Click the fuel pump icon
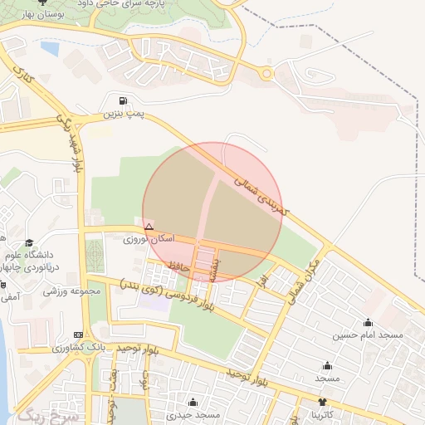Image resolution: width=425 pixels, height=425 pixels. pyautogui.click(x=124, y=100)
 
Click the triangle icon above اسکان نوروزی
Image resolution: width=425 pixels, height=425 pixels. pyautogui.click(x=149, y=227)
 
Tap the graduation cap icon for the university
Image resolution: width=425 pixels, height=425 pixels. pyautogui.click(x=30, y=243)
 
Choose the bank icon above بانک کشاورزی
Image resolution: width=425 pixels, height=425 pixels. pyautogui.click(x=79, y=335)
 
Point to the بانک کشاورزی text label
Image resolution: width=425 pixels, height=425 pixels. pyautogui.click(x=59, y=348)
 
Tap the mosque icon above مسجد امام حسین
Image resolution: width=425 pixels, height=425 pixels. pyautogui.click(x=368, y=323)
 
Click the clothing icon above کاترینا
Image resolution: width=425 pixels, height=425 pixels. pyautogui.click(x=323, y=401)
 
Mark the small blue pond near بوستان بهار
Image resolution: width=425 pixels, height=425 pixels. pyautogui.click(x=50, y=49)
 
